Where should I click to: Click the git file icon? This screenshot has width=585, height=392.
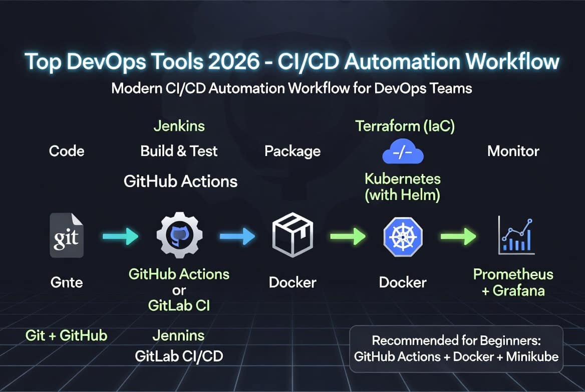coord(67,235)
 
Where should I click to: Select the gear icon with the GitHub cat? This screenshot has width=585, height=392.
coord(179,235)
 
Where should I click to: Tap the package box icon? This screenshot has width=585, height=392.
coord(292,235)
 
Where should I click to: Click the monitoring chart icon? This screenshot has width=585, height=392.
coord(516,236)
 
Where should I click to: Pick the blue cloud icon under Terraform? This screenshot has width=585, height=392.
coord(403,151)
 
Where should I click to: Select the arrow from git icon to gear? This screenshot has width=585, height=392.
coord(121,236)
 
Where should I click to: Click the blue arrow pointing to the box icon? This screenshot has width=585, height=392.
coord(237,236)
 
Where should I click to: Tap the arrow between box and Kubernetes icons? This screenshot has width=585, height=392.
coord(348,236)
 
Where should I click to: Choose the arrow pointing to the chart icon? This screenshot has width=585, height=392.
coord(458,236)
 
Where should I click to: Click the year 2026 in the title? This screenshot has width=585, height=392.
coord(233,61)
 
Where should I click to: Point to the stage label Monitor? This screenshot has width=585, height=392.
coord(513,151)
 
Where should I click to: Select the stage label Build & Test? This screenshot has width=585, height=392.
coord(179,151)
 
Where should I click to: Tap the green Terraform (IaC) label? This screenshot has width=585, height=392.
coord(405,126)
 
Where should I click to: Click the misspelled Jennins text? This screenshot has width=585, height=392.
coord(179,335)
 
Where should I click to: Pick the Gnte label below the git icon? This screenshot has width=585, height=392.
coord(67,282)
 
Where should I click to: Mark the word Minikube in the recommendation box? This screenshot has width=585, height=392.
coord(532,356)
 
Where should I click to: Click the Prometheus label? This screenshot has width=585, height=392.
coord(513,274)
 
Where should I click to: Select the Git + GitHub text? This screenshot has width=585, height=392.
coord(67,335)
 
